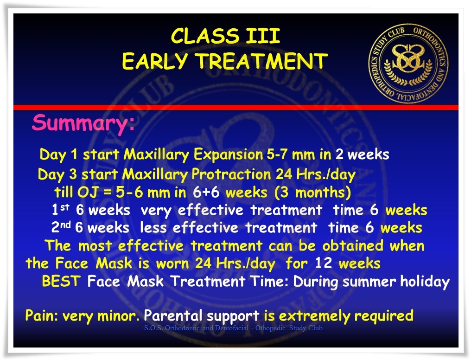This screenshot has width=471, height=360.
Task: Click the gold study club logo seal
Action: (x=408, y=64)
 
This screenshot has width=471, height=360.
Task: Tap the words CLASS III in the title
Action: (x=225, y=36)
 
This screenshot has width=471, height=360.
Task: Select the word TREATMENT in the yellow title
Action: (x=262, y=61)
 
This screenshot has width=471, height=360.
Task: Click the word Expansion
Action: (x=228, y=155)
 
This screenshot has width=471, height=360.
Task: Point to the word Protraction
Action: (x=231, y=174)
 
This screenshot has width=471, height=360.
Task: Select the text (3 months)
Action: (x=312, y=193)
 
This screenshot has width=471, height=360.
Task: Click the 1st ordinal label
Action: (x=60, y=209)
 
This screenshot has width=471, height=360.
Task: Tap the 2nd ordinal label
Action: (x=61, y=227)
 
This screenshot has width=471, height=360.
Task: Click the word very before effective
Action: (x=156, y=211)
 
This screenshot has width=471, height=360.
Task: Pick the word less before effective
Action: (x=153, y=227)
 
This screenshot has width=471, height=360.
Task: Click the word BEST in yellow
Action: (x=61, y=281)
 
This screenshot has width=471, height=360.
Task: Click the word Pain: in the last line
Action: (x=41, y=315)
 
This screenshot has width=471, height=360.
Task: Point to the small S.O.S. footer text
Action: (x=233, y=328)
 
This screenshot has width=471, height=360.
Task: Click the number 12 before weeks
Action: (x=324, y=264)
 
